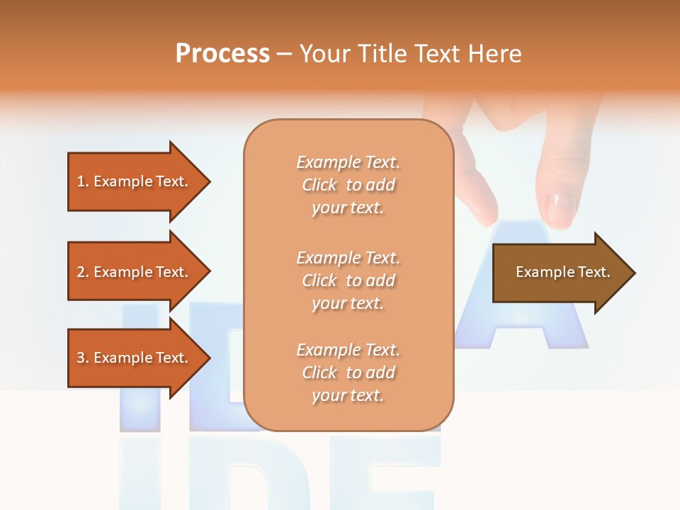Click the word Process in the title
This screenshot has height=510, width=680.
click(x=222, y=53)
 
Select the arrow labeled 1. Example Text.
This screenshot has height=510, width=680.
click(x=135, y=181)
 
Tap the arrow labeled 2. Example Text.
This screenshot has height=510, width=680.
click(x=135, y=272)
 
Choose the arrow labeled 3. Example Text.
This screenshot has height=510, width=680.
click(x=135, y=358)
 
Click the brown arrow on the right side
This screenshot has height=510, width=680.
click(x=560, y=273)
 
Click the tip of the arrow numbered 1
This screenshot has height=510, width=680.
click(x=208, y=181)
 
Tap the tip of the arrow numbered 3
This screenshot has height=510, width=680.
click(x=208, y=358)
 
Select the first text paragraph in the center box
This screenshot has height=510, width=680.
click(x=348, y=185)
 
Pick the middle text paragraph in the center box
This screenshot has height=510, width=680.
click(x=348, y=280)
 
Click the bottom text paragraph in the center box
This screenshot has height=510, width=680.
click(x=348, y=373)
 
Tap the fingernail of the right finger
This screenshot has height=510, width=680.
click(x=562, y=210)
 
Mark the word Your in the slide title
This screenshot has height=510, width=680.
click(x=325, y=54)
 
